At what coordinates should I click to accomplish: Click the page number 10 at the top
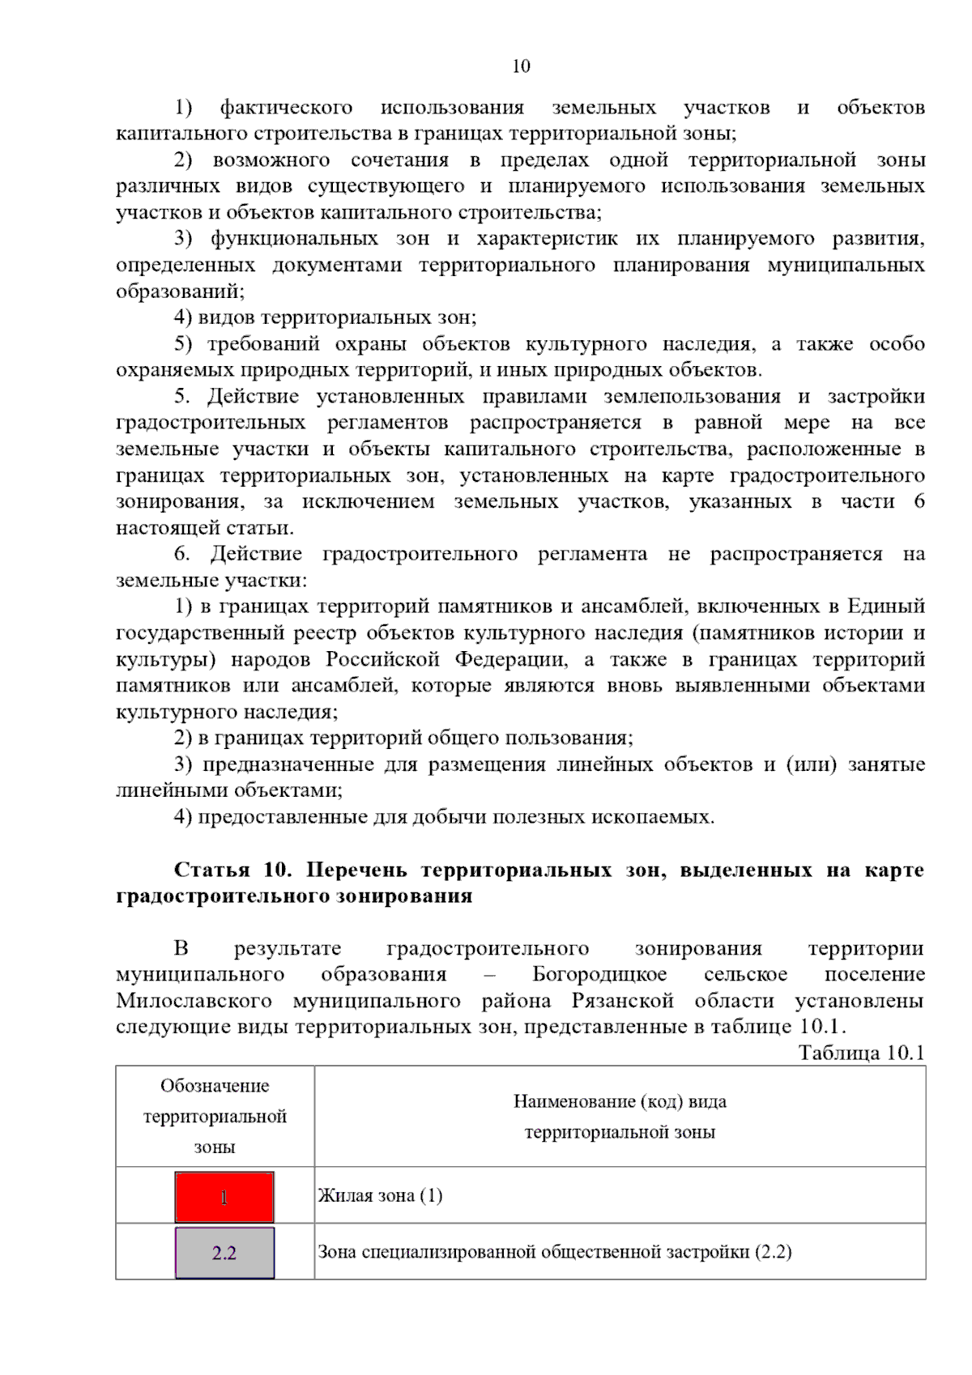(521, 66)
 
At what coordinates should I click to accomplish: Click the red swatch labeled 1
(224, 1197)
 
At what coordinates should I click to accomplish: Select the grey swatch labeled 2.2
(224, 1253)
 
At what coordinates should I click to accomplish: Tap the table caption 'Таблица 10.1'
(861, 1053)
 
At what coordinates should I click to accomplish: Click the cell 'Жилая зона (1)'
(380, 1196)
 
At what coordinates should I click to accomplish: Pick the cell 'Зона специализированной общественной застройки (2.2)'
(554, 1252)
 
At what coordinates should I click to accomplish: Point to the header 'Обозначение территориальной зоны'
(215, 1116)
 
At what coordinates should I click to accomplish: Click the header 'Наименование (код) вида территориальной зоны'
(620, 1116)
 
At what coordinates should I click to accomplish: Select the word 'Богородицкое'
(599, 974)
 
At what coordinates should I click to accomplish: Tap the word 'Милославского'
(194, 1001)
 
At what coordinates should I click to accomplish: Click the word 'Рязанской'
(623, 1001)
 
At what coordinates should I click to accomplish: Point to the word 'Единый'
(886, 607)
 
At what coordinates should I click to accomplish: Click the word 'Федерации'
(514, 659)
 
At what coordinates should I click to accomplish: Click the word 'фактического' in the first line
(287, 108)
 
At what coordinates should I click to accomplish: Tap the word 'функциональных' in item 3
(294, 239)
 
